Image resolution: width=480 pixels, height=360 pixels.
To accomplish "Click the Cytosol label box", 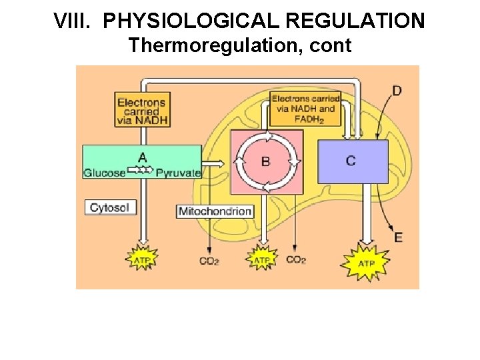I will click(111, 207).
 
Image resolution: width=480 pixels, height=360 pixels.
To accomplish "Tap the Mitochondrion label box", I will click(215, 211).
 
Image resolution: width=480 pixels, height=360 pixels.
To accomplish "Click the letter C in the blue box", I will click(351, 161).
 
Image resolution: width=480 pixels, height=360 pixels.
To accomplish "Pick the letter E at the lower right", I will click(398, 237).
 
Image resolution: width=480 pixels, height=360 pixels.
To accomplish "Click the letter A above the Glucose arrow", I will click(142, 157).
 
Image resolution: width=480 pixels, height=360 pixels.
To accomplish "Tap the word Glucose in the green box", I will click(105, 173).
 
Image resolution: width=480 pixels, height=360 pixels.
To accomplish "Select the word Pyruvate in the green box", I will click(178, 173).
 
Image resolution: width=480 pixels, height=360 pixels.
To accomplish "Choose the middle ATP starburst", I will click(263, 259).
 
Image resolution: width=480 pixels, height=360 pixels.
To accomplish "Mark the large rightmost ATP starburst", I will click(366, 263).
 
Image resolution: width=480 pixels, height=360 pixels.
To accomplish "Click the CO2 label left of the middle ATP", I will click(209, 261).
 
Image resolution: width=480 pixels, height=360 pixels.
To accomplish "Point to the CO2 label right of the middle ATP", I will click(295, 259).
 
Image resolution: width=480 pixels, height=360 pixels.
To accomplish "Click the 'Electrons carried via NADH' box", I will click(141, 109).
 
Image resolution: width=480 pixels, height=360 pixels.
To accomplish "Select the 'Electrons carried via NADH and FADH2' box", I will click(305, 109).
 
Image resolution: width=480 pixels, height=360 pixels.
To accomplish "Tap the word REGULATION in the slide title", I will click(354, 21).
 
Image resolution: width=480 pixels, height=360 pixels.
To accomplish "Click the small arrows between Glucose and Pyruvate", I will click(141, 171).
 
